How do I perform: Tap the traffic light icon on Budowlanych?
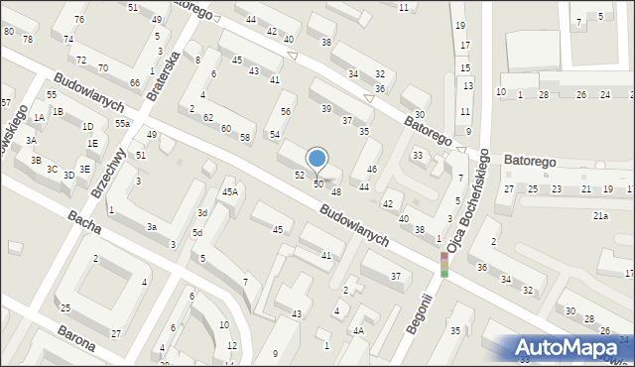tap(444, 264)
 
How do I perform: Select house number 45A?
tap(229, 192)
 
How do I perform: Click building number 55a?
tap(122, 124)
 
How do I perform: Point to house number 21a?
tap(600, 215)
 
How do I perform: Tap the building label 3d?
tap(201, 213)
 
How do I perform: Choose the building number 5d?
tap(197, 233)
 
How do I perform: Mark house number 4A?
tap(358, 330)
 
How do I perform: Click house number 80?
tap(8, 32)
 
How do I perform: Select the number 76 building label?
tap(78, 20)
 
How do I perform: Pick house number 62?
tap(208, 118)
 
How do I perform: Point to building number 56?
tap(286, 112)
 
